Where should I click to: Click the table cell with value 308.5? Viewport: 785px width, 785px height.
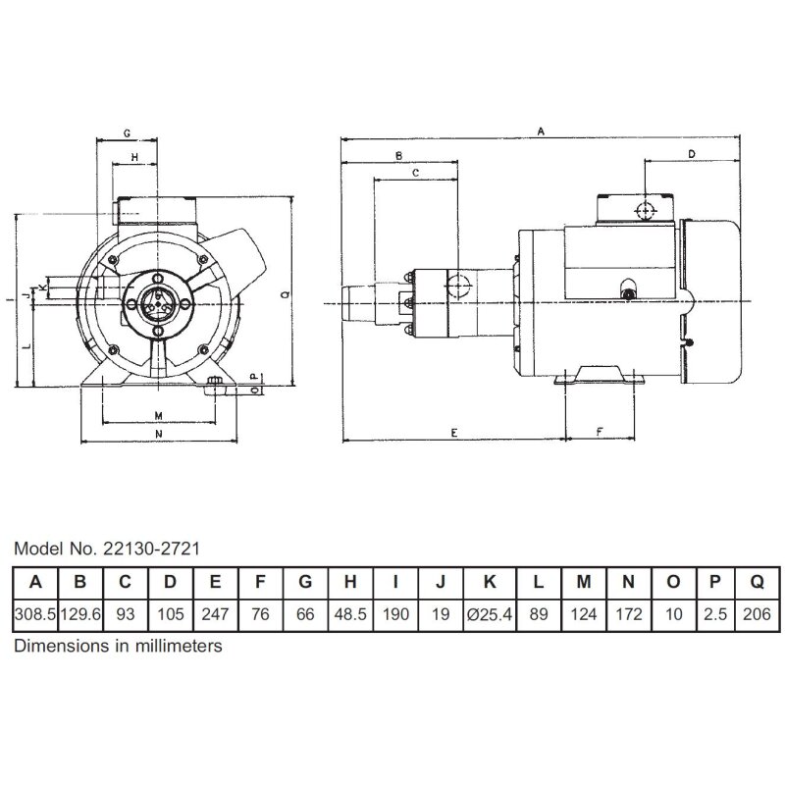click(35, 615)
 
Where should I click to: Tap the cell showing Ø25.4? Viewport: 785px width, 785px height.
click(487, 615)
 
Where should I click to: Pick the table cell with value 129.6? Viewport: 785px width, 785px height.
click(80, 615)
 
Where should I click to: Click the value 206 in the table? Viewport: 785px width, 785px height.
click(757, 615)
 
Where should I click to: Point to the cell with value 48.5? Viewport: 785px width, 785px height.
click(350, 615)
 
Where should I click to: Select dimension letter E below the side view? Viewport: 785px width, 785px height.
click(453, 433)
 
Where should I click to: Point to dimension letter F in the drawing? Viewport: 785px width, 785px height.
click(600, 433)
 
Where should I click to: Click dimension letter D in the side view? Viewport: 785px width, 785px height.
click(690, 155)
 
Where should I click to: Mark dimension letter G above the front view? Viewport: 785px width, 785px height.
click(128, 131)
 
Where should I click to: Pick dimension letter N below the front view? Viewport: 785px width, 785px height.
click(158, 433)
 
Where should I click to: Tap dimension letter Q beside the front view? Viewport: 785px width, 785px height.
click(283, 292)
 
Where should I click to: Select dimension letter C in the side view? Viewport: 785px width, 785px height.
click(415, 173)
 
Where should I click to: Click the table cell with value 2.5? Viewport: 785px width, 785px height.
click(715, 615)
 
